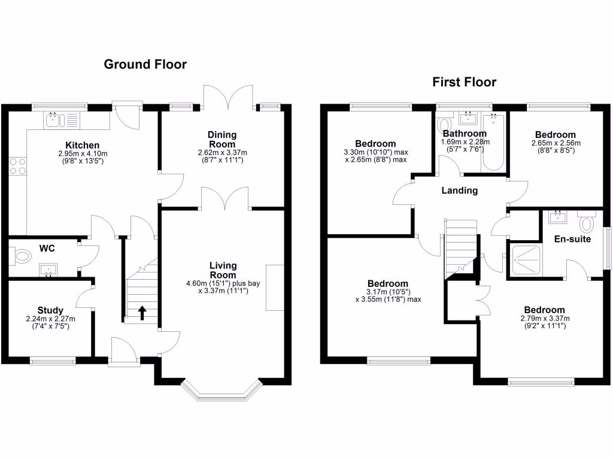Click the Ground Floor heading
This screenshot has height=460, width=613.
tap(145, 64)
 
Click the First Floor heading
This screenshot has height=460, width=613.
tap(465, 82)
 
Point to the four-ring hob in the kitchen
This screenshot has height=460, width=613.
tap(18, 165)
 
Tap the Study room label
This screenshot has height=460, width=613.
tap(50, 310)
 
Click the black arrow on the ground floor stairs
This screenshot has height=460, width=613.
tap(142, 313)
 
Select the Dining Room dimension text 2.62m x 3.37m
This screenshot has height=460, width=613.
tap(223, 153)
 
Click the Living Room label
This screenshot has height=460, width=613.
tap(223, 270)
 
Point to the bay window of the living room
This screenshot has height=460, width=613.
tap(222, 392)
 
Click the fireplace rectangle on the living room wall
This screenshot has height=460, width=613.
tap(275, 287)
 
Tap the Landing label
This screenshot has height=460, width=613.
tap(460, 190)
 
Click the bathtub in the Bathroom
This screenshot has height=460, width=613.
tap(494, 142)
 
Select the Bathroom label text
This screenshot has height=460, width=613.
tap(465, 134)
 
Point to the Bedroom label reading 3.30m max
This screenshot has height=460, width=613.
tap(375, 144)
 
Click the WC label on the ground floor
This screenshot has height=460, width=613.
tap(47, 247)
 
